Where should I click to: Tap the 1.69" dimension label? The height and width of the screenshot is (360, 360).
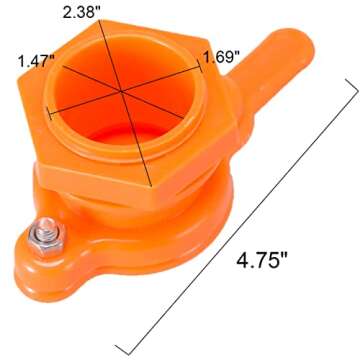pos(222,57)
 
